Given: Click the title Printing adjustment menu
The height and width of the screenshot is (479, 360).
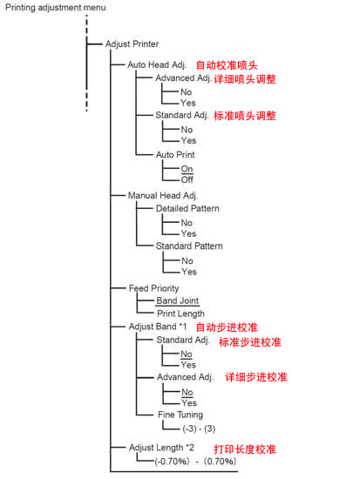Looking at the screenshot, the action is point(56,8).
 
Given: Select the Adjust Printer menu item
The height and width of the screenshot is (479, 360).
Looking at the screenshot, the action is point(132,44).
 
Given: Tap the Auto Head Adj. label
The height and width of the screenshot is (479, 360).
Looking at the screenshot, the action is point(157,65).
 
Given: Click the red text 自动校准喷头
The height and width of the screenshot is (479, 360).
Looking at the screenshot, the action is point(227,65).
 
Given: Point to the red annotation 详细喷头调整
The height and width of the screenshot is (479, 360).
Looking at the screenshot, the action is point(245,79).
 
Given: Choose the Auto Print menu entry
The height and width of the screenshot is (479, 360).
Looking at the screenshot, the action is point(175,155).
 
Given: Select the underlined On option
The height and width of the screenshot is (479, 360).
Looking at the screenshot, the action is point(187,169).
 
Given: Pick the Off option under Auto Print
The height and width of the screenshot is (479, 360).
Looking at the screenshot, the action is point(187,179).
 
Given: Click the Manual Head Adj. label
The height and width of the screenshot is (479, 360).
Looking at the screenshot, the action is point(163,195).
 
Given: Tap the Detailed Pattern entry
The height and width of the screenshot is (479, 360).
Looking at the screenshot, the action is point(187,209).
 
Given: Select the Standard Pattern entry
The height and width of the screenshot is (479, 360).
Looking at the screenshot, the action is point(189,246).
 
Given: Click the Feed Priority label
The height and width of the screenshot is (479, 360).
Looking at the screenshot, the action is point(153,288).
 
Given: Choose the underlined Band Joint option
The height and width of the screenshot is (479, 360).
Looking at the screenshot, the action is point(178,301).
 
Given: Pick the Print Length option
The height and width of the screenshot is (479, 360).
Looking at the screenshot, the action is point(180,314).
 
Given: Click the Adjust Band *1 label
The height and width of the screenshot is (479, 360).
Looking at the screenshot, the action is point(158,327).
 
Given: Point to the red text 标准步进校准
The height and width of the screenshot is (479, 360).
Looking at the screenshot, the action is point(250,342).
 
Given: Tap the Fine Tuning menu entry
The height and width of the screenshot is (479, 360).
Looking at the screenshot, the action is point(180,415).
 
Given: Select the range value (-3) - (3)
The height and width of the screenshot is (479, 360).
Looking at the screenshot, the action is point(199,428).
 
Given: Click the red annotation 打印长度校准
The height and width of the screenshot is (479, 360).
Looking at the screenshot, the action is point(245,449).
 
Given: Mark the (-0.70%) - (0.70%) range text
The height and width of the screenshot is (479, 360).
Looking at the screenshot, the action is point(195,462).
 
